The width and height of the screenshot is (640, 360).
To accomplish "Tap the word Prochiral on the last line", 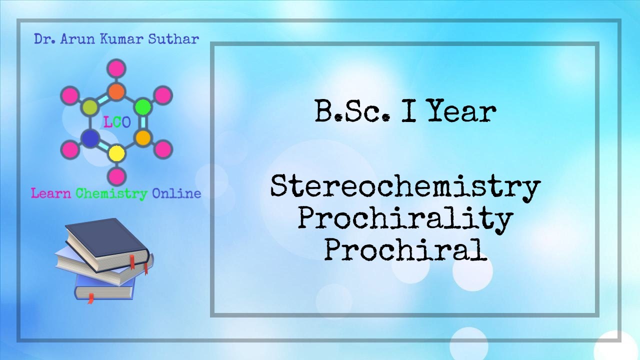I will tap(405, 250).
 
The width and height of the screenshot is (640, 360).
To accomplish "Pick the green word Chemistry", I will tap(111, 193).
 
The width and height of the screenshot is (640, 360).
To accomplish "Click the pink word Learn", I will tap(51, 193).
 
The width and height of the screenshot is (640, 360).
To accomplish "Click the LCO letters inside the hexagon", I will tap(116, 122).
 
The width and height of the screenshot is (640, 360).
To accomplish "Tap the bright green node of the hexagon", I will tap(143, 106).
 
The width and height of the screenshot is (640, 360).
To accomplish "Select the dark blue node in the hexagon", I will tap(90, 138).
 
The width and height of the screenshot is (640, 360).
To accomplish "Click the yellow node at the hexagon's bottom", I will tap(116, 152).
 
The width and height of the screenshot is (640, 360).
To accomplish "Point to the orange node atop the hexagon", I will tap(116, 91).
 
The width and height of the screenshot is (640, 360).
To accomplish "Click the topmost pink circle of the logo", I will tap(116, 68).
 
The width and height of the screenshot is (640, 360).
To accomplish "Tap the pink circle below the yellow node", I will tap(116, 176).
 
